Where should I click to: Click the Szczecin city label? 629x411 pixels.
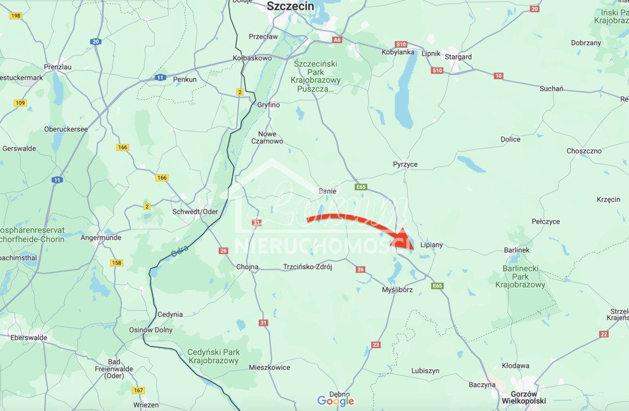tap(291, 6)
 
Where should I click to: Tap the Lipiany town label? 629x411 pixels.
tap(431, 245)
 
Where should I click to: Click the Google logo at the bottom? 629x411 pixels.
tap(335, 401)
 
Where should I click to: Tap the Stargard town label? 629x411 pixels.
tap(459, 57)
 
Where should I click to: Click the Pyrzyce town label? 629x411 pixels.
tap(405, 164)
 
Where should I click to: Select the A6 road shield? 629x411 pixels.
tap(337, 40)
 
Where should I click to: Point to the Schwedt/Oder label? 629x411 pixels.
tap(195, 211)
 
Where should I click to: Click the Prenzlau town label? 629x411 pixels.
tap(58, 66)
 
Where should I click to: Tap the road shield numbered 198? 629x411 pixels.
tap(16, 15)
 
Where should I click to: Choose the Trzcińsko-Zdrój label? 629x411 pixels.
tap(307, 267)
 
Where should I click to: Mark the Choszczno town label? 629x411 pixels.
tap(584, 151)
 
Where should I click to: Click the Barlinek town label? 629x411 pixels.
tap(516, 250)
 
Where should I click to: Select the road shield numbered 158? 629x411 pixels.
tap(117, 263)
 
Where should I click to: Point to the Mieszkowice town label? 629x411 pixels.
tap(270, 367)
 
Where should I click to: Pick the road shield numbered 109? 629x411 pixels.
tap(20, 102)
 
